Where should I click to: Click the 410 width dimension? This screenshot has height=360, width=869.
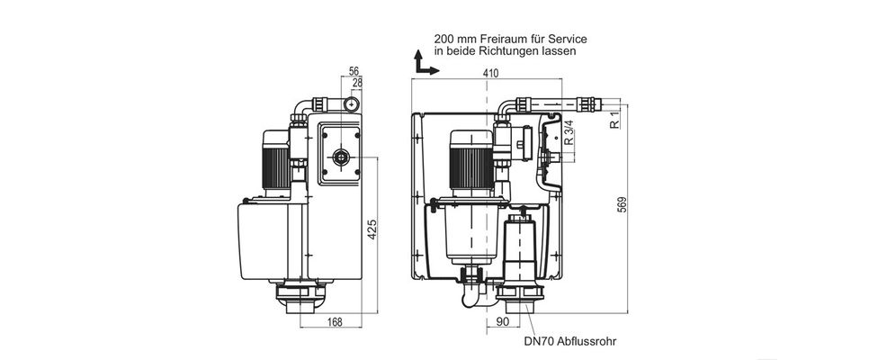coord(490,73)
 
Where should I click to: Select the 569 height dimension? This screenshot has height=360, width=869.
coord(623,204)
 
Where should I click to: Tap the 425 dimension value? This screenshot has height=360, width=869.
coord(372,229)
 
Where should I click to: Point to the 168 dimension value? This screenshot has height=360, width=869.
coord(334,321)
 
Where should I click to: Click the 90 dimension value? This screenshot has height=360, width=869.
coord(502,321)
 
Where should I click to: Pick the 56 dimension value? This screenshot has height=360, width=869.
coord(354,70)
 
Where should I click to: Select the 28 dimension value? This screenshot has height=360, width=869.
coord(357,82)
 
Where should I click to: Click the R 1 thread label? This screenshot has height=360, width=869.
coord(614,121)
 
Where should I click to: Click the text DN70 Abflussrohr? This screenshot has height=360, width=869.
coord(569,341)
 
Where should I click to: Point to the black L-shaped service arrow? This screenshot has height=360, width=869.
coord(424,65)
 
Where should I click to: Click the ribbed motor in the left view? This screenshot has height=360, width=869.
coord(275,163)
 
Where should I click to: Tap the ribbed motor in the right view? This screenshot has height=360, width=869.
coord(470,161)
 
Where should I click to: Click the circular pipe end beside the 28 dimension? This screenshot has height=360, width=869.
coord(351,103)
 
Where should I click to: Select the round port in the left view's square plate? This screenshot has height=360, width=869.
coord(339,158)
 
